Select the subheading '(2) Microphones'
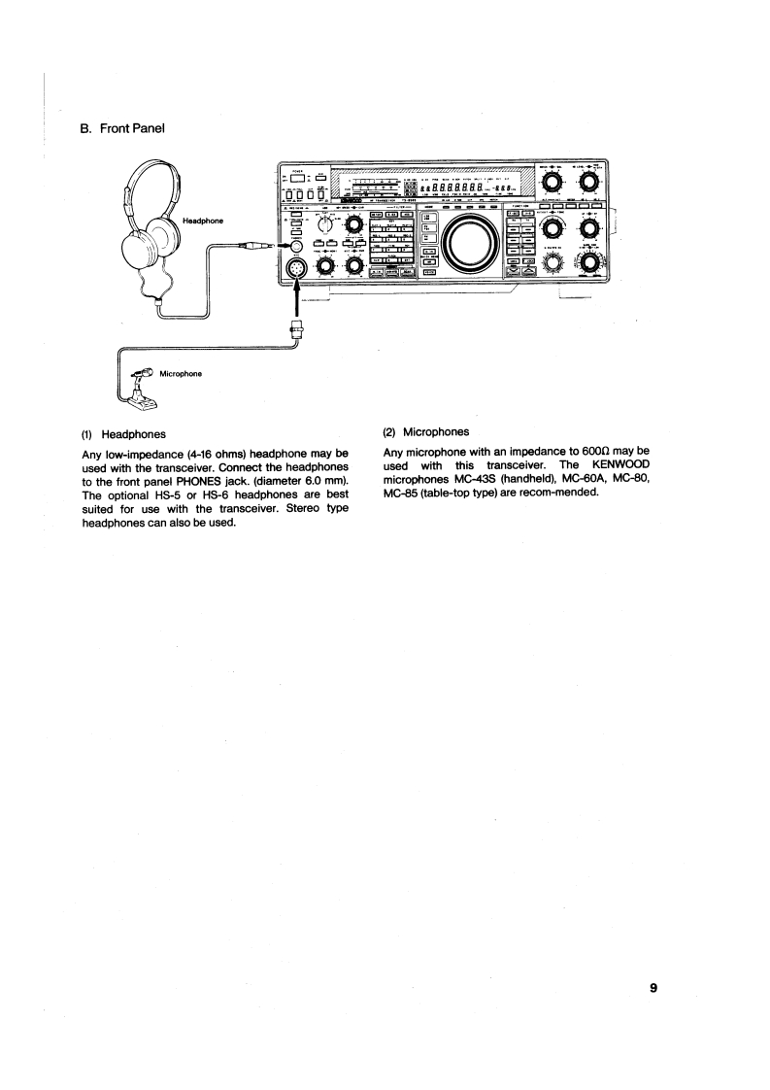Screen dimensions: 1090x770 426,431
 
